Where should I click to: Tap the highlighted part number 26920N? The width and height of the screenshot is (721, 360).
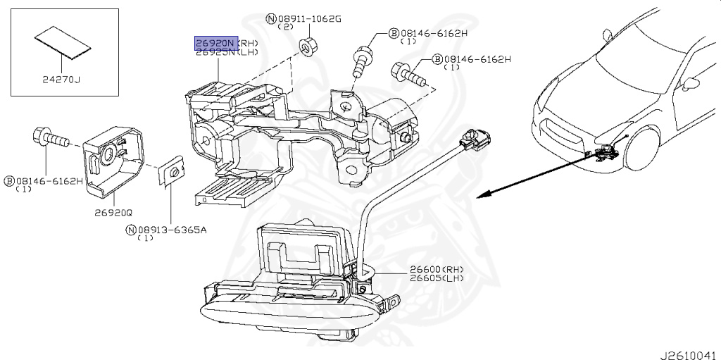(216, 43)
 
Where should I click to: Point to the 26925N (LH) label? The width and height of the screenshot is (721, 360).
(226, 53)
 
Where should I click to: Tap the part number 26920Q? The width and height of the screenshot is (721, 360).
(114, 210)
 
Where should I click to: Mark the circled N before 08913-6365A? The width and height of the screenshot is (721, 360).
(131, 230)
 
